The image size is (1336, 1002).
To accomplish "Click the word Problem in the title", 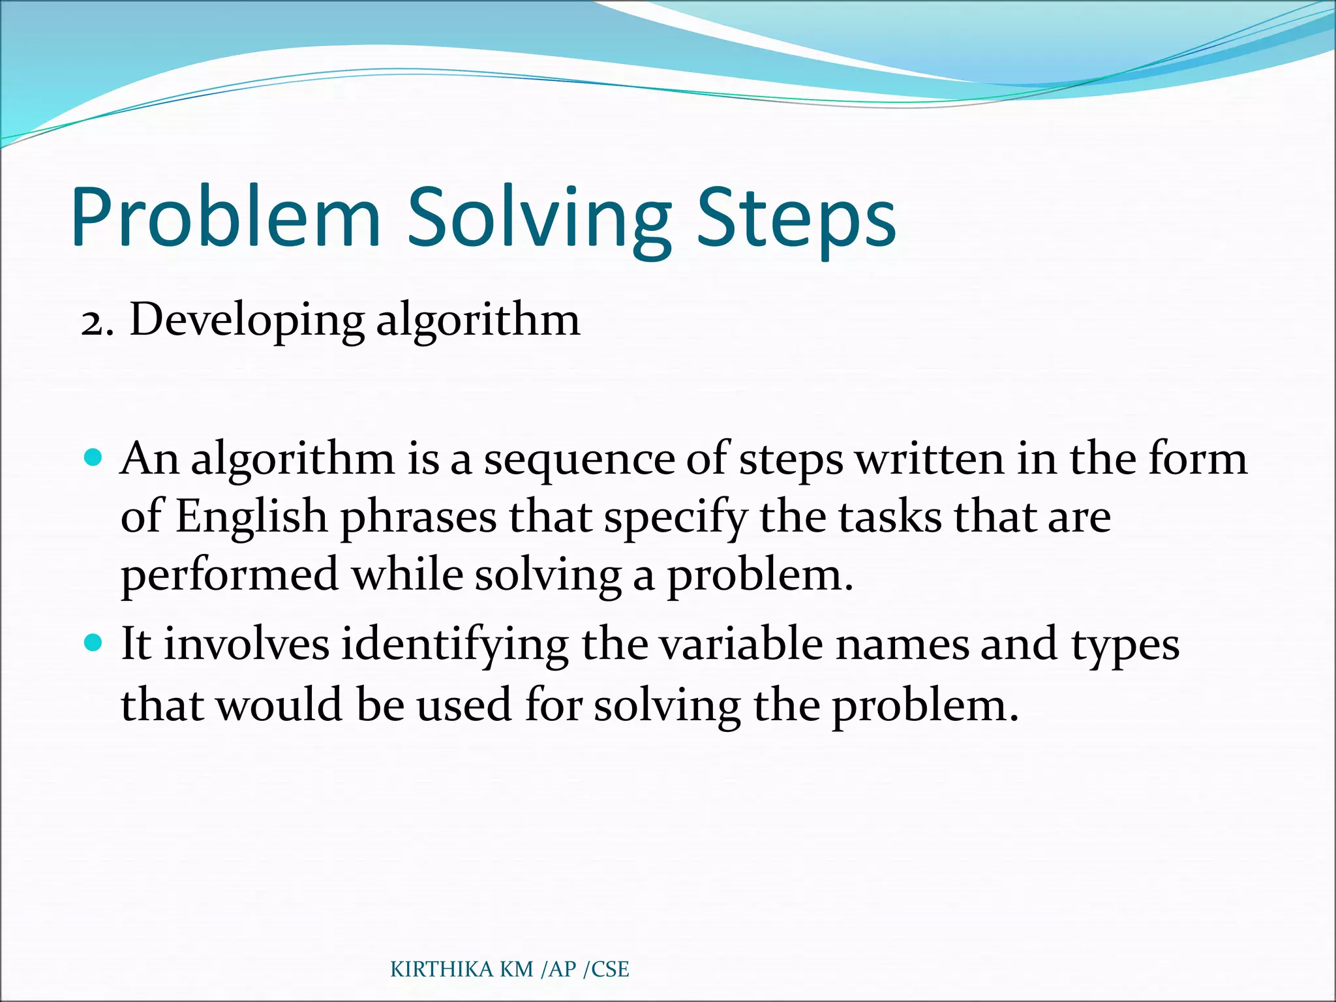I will [225, 219].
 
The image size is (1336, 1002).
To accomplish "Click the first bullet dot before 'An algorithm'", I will [94, 457].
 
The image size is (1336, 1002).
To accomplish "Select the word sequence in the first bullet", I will [579, 461].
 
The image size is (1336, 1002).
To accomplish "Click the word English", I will [251, 517].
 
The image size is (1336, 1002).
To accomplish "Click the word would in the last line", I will [279, 705].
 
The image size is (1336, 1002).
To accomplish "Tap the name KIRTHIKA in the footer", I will [442, 969].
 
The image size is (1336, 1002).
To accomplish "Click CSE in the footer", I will [611, 969].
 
